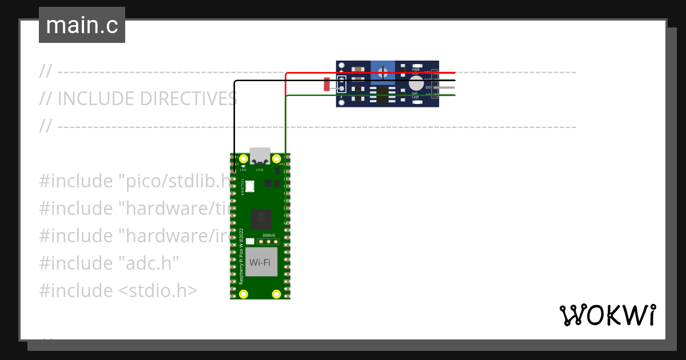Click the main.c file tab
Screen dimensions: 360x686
pyautogui.click(x=82, y=25)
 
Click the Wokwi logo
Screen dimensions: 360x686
pyautogui.click(x=607, y=315)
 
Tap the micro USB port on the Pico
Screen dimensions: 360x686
pyautogui.click(x=260, y=156)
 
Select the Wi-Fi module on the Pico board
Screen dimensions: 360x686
pyautogui.click(x=261, y=262)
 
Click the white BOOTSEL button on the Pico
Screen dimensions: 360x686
pyautogui.click(x=250, y=186)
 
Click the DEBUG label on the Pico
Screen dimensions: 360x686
pyautogui.click(x=269, y=235)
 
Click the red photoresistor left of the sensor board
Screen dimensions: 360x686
pyautogui.click(x=327, y=85)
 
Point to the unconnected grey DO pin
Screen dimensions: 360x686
pyautogui.click(x=446, y=87)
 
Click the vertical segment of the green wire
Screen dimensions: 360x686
pyautogui.click(x=285, y=126)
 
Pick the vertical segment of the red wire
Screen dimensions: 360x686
pyautogui.click(x=286, y=85)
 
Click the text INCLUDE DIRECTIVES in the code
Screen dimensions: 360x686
pyautogui.click(x=147, y=99)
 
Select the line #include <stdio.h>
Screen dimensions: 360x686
pyautogui.click(x=118, y=290)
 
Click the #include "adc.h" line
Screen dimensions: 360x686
pyautogui.click(x=109, y=263)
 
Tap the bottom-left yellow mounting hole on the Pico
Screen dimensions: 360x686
pyautogui.click(x=244, y=294)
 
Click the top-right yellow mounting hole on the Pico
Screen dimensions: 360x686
pyautogui.click(x=277, y=158)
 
